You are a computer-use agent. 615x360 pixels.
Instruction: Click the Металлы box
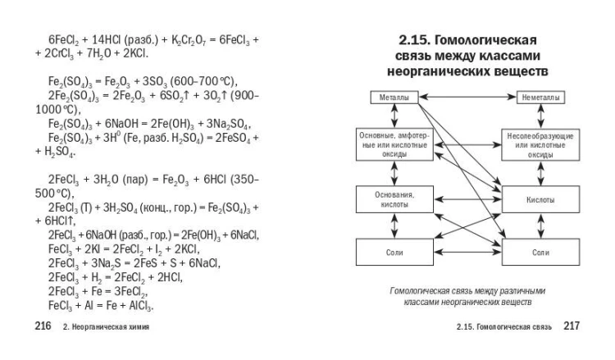point(394,98)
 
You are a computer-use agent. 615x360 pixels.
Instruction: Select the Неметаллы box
point(540,98)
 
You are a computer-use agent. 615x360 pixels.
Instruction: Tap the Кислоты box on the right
point(540,199)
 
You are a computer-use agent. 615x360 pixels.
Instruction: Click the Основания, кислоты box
point(394,199)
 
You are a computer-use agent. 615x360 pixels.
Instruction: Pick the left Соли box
point(394,252)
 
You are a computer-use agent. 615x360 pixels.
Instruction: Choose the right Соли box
point(540,252)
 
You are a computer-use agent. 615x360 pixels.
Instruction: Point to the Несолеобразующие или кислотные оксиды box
point(540,145)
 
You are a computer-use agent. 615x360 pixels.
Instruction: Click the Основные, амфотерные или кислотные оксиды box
point(394,144)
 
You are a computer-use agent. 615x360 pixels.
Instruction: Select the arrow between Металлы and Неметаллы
point(467,97)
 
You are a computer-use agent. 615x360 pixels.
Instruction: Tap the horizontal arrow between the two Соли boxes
point(467,252)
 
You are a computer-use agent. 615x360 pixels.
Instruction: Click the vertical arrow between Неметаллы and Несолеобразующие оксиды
point(541,116)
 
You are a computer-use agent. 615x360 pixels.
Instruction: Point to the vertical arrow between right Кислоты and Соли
point(541,226)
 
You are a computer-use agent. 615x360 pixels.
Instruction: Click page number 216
point(43,326)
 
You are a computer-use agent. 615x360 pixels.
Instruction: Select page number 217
point(572,326)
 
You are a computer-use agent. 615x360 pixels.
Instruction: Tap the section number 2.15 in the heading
point(415,40)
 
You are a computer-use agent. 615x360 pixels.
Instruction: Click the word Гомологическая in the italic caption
point(419,291)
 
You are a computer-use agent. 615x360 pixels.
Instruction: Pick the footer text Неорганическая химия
point(111,326)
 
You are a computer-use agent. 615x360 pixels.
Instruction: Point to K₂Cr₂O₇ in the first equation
point(189,40)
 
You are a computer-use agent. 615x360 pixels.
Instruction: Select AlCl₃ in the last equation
point(140,306)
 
